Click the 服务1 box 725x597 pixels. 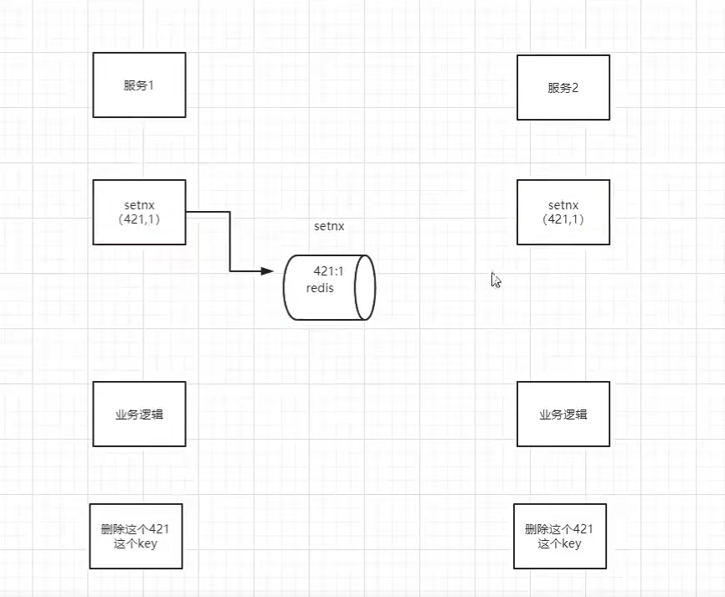click(x=139, y=85)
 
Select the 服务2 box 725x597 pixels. click(x=563, y=87)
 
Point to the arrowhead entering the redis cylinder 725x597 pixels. click(x=268, y=271)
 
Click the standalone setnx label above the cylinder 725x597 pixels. click(x=329, y=226)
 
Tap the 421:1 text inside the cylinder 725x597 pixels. click(x=329, y=271)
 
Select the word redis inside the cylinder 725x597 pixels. click(x=320, y=288)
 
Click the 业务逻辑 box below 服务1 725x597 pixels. click(x=139, y=414)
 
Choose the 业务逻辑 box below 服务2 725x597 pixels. click(x=563, y=414)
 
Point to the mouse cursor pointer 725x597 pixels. click(x=495, y=280)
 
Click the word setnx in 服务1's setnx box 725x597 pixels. click(x=139, y=204)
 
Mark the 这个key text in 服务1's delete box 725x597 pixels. click(x=135, y=543)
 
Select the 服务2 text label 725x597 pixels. click(x=563, y=88)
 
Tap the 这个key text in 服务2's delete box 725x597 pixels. click(x=559, y=543)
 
